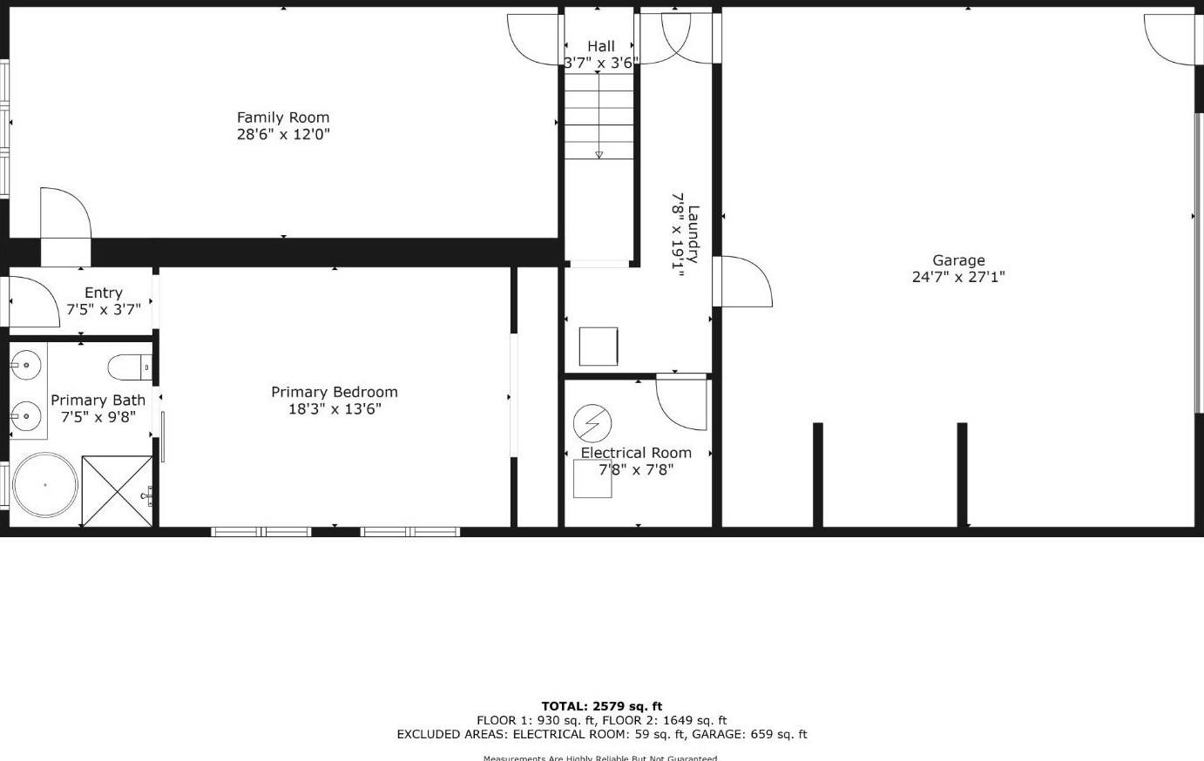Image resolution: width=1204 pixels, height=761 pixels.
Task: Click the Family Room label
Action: click(283, 118)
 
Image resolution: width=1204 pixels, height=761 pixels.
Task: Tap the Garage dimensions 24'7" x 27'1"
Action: click(958, 277)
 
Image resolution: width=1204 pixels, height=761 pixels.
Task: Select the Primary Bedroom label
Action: click(335, 393)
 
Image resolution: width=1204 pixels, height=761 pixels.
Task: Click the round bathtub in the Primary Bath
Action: click(44, 486)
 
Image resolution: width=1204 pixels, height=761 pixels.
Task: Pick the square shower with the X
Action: click(117, 491)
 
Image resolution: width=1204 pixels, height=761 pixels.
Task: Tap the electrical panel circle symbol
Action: click(592, 424)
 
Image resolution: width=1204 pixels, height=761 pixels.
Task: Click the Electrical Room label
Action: click(636, 453)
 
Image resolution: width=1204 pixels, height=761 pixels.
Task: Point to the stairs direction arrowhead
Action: click(599, 155)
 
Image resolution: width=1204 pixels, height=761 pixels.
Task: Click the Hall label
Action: click(600, 46)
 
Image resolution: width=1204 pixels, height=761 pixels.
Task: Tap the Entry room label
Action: click(103, 293)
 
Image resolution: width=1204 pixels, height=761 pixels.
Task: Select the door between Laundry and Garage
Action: click(742, 281)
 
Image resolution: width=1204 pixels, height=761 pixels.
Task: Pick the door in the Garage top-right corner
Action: click(1169, 40)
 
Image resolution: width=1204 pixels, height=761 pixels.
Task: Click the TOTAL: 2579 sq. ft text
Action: click(601, 706)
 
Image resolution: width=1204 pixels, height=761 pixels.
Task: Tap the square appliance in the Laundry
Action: click(599, 347)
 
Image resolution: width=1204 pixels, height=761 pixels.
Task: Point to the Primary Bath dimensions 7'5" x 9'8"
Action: click(98, 417)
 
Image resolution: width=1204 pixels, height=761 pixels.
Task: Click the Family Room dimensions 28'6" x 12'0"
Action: click(283, 134)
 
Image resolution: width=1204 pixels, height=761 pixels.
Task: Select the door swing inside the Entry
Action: click(33, 300)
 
